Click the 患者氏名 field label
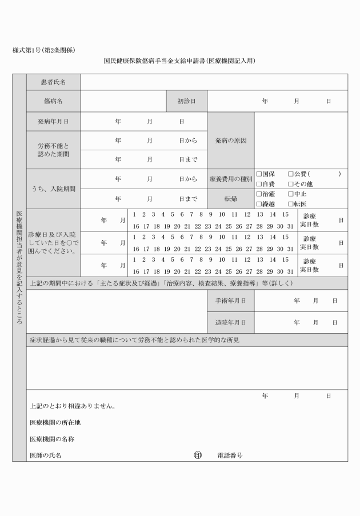pos(54,82)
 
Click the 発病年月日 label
pos(54,122)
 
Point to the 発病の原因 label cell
pos(230,141)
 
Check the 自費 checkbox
pos(259,184)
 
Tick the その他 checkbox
pos(290,184)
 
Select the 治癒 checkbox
pos(259,194)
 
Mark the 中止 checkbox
pos(290,194)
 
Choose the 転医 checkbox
pos(290,204)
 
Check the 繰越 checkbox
pos(259,204)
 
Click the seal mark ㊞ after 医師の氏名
pos(198,455)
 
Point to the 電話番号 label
pos(230,455)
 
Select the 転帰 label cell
pos(230,199)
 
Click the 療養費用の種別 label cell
pos(230,179)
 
